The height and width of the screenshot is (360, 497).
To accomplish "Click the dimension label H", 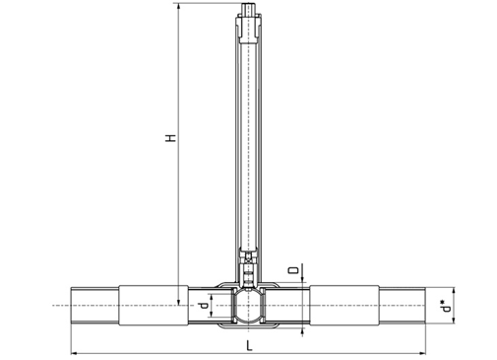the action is click(x=170, y=138).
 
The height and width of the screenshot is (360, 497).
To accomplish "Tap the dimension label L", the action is click(x=249, y=345).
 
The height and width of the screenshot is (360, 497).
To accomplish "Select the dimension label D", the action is click(x=293, y=270).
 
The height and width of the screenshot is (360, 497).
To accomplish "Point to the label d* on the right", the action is click(x=446, y=306).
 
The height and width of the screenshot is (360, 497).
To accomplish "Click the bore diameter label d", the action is click(x=204, y=306).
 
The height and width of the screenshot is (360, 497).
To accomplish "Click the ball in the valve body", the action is click(x=249, y=306).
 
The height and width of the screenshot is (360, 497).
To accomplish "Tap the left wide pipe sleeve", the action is click(x=154, y=306).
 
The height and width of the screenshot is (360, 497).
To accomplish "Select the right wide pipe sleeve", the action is click(x=344, y=306).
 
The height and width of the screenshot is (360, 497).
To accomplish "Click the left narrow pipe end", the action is click(x=94, y=306).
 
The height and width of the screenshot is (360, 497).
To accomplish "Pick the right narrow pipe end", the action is click(x=403, y=306).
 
